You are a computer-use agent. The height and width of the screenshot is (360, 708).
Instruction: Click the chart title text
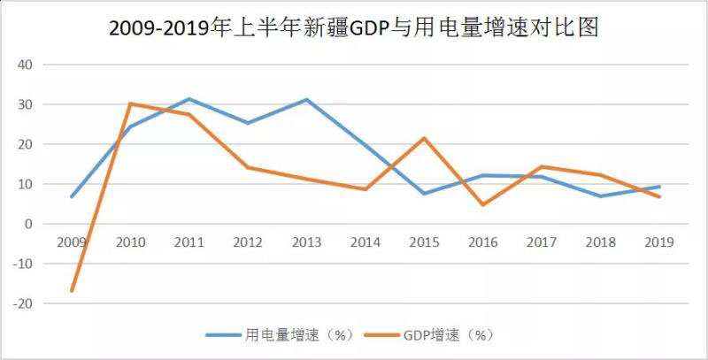[x=354, y=28]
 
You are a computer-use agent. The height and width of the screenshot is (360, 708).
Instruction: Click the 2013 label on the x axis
[x=306, y=241]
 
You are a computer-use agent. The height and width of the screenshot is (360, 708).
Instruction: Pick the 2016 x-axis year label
[x=483, y=241]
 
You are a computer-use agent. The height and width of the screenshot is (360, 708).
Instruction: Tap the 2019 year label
[x=659, y=241]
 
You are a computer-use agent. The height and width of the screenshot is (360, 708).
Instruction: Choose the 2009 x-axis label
[x=71, y=241]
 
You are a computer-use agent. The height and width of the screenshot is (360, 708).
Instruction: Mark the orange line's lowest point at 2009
[x=71, y=291]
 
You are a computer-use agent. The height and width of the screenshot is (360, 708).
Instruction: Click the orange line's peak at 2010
[x=130, y=103]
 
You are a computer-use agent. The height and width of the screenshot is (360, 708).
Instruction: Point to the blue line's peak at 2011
[x=189, y=99]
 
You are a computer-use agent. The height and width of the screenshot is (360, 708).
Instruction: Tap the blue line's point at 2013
[x=306, y=99]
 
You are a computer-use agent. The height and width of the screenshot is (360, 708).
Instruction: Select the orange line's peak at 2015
[x=424, y=138]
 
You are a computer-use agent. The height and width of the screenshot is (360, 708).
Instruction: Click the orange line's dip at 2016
[x=483, y=204]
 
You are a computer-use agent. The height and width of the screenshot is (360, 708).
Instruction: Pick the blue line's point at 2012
[x=248, y=123]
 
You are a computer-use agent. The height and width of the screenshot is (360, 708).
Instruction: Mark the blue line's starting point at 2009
[x=71, y=196]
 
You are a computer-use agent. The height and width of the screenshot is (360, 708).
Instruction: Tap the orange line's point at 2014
[x=366, y=189]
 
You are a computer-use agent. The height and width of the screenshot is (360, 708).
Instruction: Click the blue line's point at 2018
[x=601, y=195]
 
